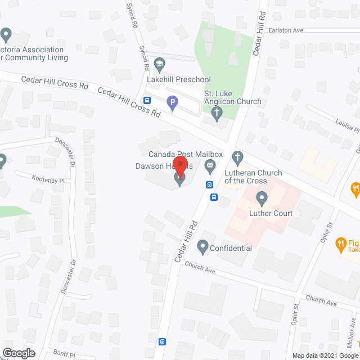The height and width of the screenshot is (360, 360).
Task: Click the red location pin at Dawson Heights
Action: coord(180,167)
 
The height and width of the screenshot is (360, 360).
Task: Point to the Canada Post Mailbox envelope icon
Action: coord(210,165)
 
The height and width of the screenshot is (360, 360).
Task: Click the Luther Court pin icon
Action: coord(262,198)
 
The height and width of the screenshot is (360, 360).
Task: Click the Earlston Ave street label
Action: coord(286,30)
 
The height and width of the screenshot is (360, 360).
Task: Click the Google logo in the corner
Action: coord(18,353)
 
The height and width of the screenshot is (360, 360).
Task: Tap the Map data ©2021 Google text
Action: coord(325,355)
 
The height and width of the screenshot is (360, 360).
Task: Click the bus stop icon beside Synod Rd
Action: coord(147,101)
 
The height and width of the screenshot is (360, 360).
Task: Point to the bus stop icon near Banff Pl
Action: coord(163,341)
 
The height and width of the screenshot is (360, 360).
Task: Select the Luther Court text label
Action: coord(271,213)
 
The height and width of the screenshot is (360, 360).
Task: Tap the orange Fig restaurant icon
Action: coord(340,244)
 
